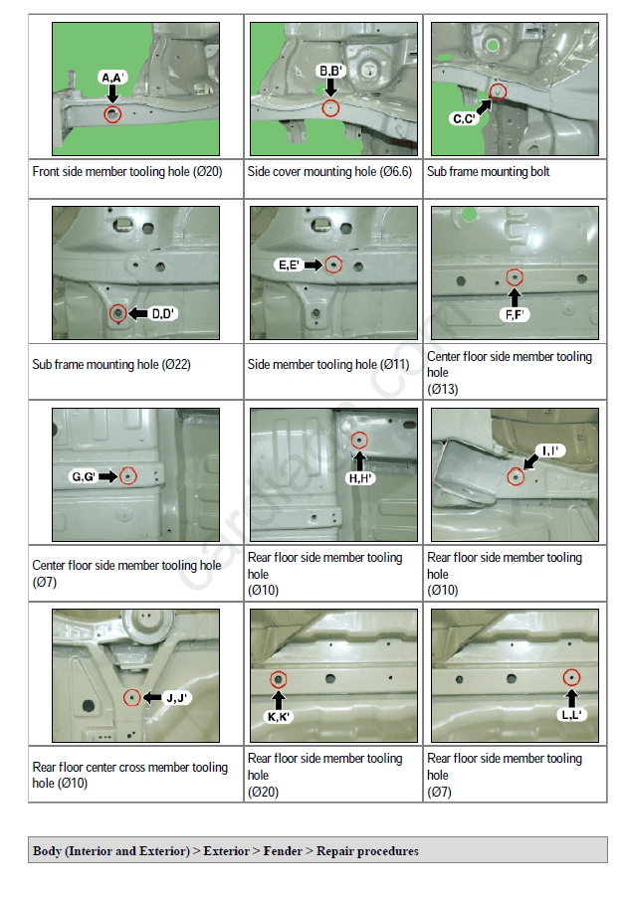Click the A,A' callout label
coord(112,78)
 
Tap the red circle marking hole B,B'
coord(330,107)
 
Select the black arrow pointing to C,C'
coord(484,106)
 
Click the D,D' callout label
coord(162,313)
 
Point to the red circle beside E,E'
coord(333,265)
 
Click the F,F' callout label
coord(515,314)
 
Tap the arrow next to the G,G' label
coord(107,476)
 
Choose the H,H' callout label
coord(359,478)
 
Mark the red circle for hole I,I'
coord(516,476)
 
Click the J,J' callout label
coord(177,698)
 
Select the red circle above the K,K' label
coord(279,679)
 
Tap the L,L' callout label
coord(571,715)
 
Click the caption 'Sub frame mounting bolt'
coord(488,172)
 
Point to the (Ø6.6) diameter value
coord(396,172)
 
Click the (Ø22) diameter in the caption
coord(176,364)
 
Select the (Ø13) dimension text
coord(443,390)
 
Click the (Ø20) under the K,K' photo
coord(264,793)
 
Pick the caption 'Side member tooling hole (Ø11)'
coord(328,364)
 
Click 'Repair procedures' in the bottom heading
coord(367,851)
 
